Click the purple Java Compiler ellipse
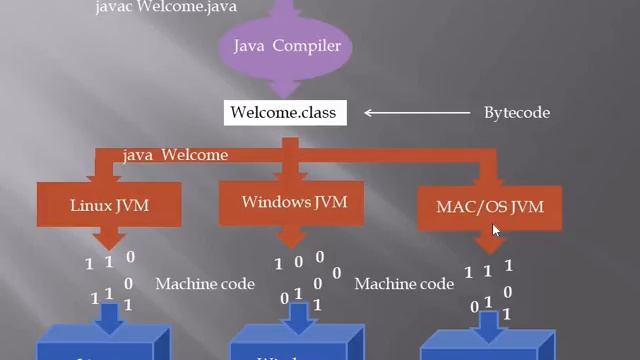point(287,46)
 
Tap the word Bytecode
point(517,112)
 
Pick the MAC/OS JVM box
point(489,207)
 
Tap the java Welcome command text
point(175,155)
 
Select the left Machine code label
point(205,284)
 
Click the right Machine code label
point(404,284)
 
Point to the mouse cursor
point(497,232)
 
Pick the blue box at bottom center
point(290,350)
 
